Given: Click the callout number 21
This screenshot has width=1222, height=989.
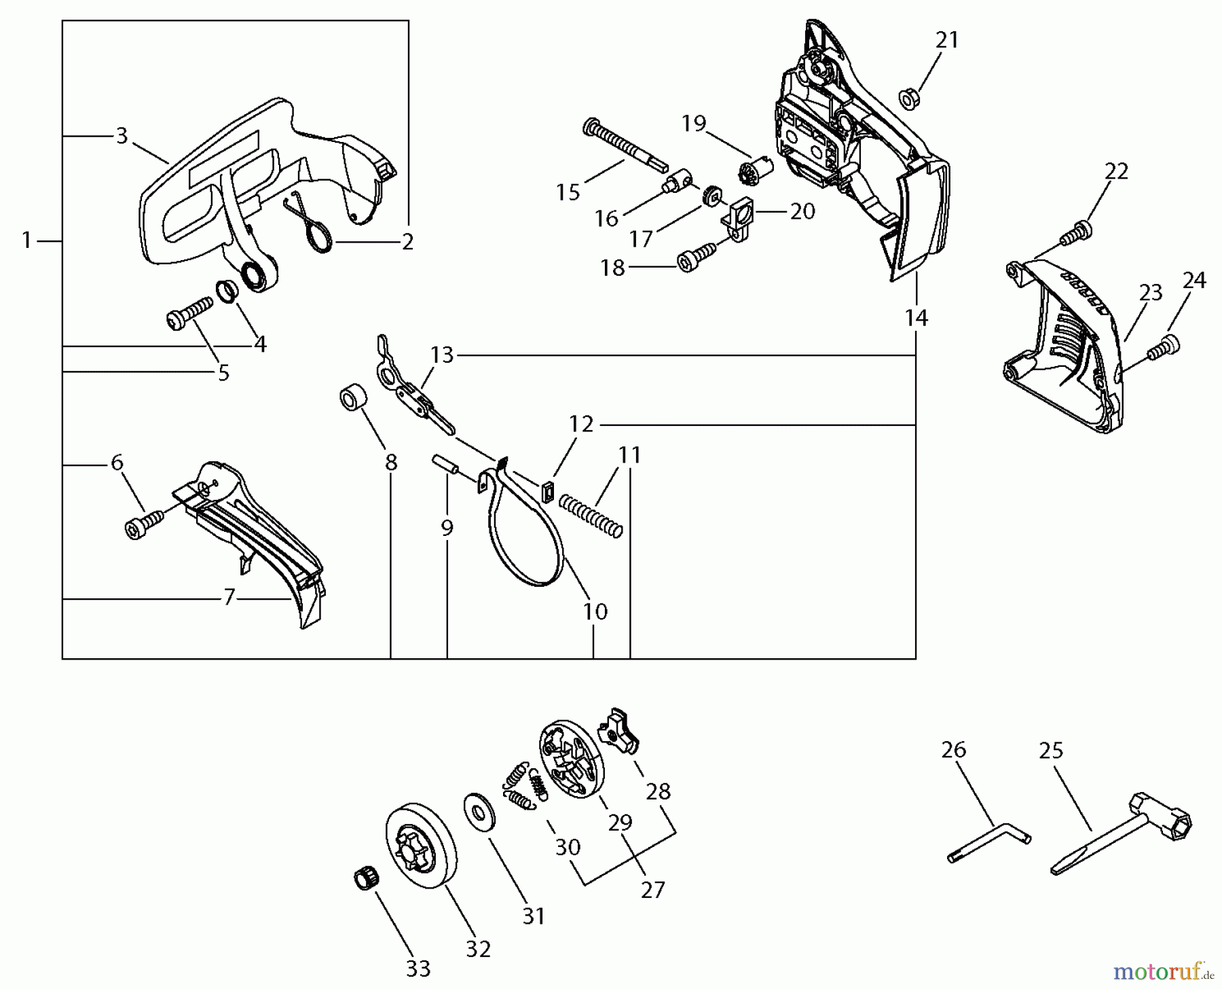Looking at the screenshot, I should [947, 40].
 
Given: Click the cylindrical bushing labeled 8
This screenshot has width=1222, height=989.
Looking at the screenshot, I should [354, 399].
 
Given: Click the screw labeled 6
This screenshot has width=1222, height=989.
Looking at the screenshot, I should [145, 524].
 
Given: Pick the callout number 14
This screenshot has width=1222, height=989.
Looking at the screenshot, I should [916, 317].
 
